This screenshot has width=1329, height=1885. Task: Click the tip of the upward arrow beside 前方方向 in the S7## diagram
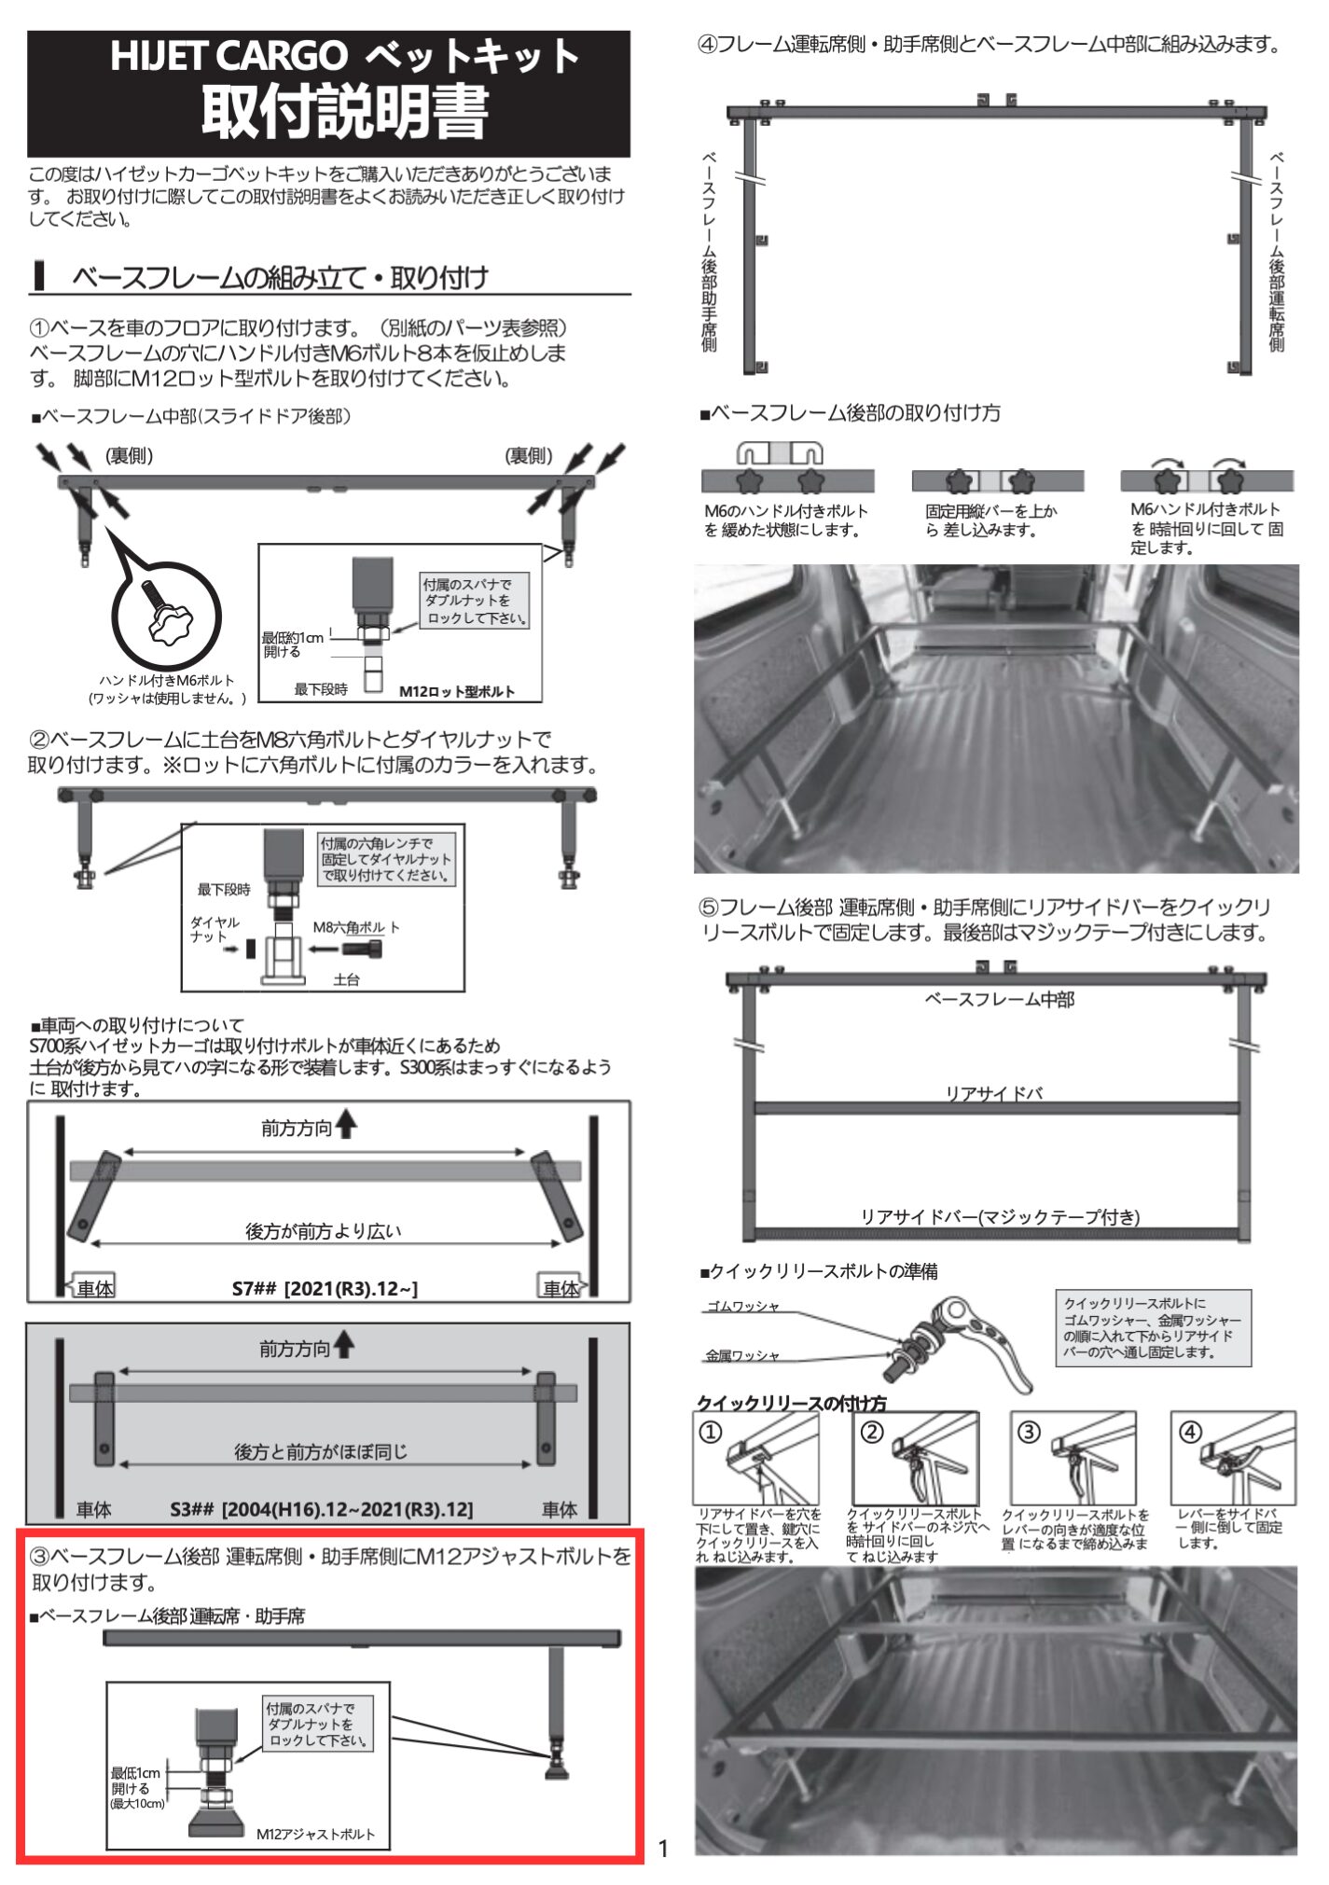coord(347,1109)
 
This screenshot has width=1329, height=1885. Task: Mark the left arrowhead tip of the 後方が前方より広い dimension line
coord(90,1243)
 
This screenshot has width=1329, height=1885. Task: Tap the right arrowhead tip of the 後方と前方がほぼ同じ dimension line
coord(533,1463)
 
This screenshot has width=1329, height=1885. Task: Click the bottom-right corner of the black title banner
coord(630,157)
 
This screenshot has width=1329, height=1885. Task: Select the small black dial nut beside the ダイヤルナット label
coord(250,949)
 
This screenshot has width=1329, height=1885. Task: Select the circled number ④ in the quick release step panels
coord(1191,1432)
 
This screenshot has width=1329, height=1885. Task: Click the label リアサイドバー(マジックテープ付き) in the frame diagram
coord(1000,1216)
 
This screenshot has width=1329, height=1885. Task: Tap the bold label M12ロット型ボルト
coord(457,691)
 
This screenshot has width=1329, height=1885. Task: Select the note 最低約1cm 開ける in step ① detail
coord(292,645)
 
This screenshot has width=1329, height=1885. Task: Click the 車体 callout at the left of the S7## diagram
coord(94,1288)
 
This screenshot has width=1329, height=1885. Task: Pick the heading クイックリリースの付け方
coord(792,1403)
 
